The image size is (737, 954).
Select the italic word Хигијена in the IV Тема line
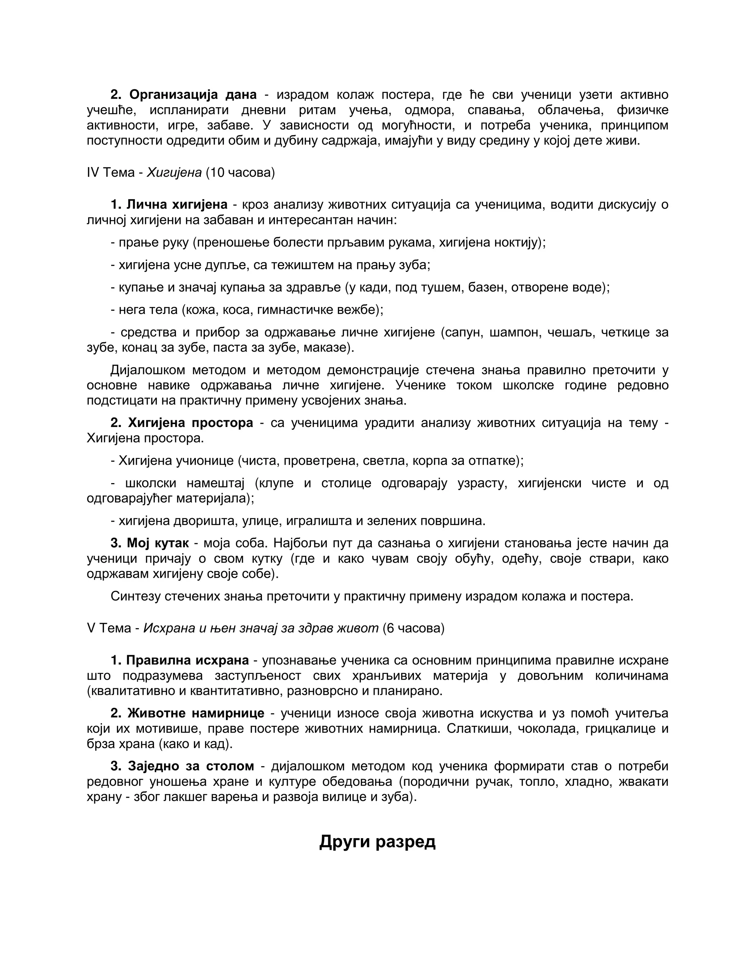(174, 172)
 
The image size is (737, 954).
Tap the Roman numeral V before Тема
(91, 628)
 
